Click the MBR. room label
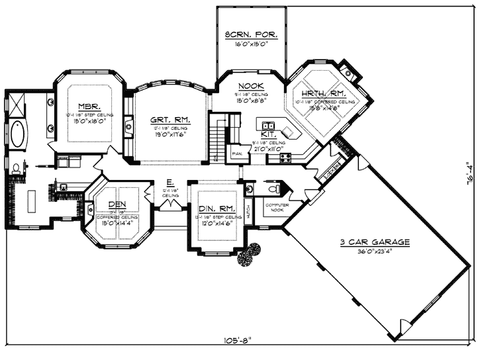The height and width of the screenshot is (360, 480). pos(89,107)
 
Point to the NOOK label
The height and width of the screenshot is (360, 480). pos(252,86)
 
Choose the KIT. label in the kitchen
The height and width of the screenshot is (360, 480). pos(267,134)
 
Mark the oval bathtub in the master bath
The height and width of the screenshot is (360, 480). pos(19,138)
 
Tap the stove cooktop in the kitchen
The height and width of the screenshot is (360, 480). pos(286,157)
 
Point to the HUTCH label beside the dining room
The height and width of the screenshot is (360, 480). pos(248,213)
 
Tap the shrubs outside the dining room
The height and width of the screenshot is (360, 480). pos(250,255)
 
